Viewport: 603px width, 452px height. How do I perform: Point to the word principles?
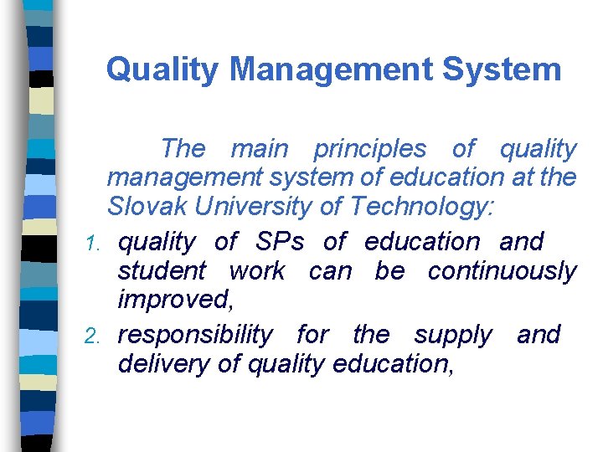(x=369, y=149)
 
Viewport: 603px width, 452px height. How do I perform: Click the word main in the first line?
(x=259, y=149)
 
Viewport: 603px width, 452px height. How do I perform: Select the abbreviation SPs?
(x=280, y=242)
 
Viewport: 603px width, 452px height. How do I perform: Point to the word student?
(x=162, y=271)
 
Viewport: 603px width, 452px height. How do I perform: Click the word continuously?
(x=502, y=271)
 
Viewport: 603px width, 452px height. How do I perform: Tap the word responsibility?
(x=195, y=335)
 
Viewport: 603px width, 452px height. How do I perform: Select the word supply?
(x=454, y=335)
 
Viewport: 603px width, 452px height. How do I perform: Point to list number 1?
(x=95, y=244)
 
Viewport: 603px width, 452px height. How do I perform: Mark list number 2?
(x=95, y=336)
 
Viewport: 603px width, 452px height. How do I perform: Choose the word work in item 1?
(x=256, y=271)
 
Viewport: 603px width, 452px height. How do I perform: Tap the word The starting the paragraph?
(x=183, y=149)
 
